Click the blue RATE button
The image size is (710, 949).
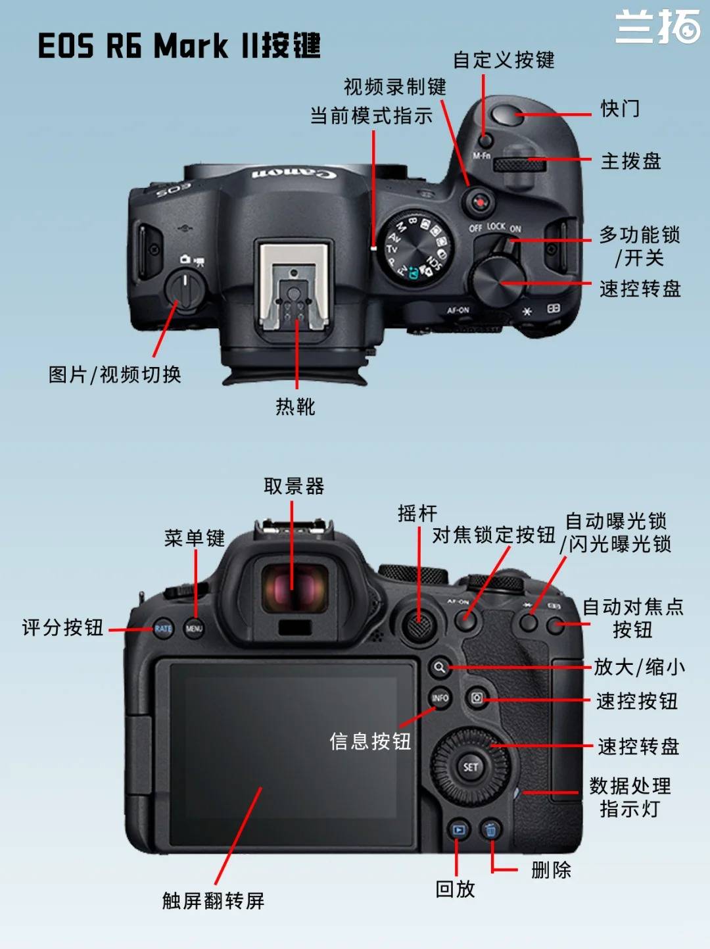click(163, 628)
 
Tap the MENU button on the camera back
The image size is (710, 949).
click(194, 628)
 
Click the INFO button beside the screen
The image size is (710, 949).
click(440, 698)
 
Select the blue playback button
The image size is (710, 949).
click(458, 830)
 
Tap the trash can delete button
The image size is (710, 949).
click(490, 830)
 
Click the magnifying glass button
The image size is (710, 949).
click(440, 668)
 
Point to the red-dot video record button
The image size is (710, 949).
click(479, 202)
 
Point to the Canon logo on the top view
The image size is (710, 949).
click(294, 174)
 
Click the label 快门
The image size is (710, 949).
click(620, 108)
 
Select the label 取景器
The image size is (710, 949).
click(295, 486)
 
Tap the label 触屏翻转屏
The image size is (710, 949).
click(214, 900)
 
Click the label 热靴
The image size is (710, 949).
click(296, 406)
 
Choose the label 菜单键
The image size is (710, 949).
click(195, 538)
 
